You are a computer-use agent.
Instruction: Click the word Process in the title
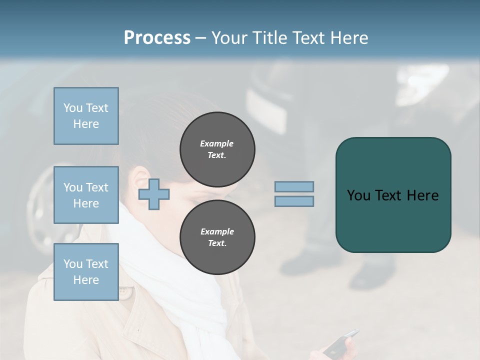[x=157, y=38]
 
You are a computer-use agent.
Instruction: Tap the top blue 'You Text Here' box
[x=86, y=116]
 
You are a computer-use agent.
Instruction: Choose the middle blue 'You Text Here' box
[x=86, y=195]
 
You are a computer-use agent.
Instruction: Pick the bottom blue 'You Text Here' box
[x=86, y=272]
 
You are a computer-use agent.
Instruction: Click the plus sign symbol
[x=153, y=195]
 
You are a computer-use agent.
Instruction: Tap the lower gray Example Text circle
[x=217, y=237]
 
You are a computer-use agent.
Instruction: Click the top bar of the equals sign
[x=294, y=186]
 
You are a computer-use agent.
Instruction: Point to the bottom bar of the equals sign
[x=294, y=201]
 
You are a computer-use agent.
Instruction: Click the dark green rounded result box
[x=393, y=195]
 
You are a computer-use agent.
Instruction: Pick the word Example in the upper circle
[x=217, y=143]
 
